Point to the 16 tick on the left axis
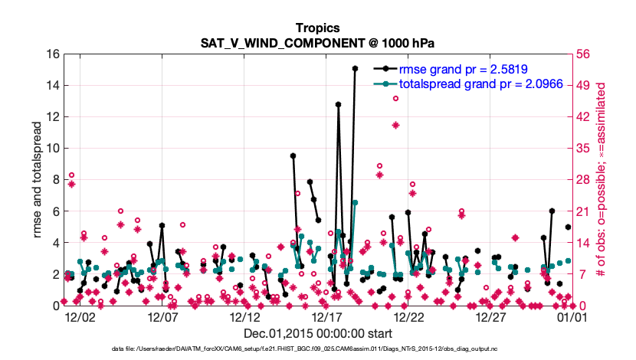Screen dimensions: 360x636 (x=52, y=54)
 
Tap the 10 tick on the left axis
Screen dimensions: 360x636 (x=52, y=149)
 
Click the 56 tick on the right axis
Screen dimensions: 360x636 (x=586, y=54)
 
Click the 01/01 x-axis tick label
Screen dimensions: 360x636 (x=572, y=316)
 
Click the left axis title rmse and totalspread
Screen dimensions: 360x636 (x=37, y=179)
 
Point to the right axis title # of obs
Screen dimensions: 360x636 (x=603, y=179)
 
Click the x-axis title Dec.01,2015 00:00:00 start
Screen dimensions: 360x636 (x=317, y=333)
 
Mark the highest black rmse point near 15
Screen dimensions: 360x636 (x=356, y=68)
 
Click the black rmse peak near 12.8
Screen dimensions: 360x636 (x=338, y=104)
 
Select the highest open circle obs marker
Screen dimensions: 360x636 (x=396, y=98)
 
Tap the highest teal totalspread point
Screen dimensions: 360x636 (x=356, y=202)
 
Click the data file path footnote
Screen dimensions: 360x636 (x=317, y=349)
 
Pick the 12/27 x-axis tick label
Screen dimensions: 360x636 (x=490, y=316)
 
